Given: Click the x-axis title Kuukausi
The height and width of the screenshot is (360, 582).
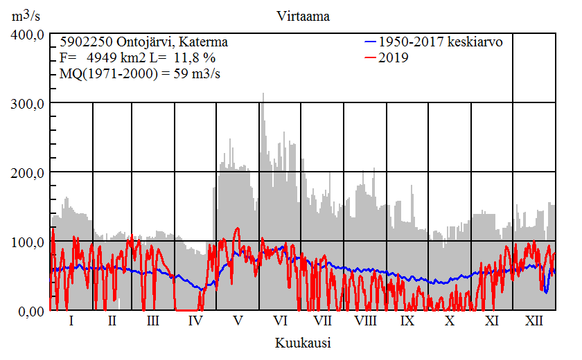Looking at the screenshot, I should point(302,343).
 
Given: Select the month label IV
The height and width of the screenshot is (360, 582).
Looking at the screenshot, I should point(195,322).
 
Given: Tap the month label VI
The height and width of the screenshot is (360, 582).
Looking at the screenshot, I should point(281,322).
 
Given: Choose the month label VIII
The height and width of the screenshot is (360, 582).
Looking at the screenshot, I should point(365,322).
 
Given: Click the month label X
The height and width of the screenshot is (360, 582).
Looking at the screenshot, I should point(450,322).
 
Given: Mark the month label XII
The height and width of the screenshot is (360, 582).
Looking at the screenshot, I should point(534,322).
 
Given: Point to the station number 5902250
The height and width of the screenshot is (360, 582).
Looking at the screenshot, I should point(85,42).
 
